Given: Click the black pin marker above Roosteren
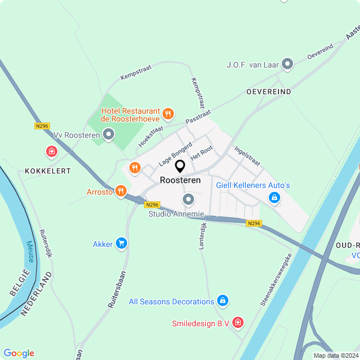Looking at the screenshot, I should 180,166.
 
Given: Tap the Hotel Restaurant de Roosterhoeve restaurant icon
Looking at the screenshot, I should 168,115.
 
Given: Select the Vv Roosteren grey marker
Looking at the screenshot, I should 109,134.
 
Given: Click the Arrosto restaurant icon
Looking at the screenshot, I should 120,191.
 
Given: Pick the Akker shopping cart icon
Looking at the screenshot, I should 121,244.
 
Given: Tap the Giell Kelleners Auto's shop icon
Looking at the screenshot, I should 274,197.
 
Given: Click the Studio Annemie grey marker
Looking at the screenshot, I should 188,200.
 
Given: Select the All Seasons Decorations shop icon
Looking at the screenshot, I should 223,301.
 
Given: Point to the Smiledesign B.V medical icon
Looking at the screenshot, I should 238,323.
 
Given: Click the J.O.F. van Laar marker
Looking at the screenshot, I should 287,64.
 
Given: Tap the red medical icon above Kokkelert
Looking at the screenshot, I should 52,152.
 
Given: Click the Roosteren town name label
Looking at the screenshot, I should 180,181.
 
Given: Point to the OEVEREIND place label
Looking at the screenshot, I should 268,91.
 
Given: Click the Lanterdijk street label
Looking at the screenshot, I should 204,235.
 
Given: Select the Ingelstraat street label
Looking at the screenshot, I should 247,156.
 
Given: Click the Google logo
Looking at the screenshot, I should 19,353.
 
